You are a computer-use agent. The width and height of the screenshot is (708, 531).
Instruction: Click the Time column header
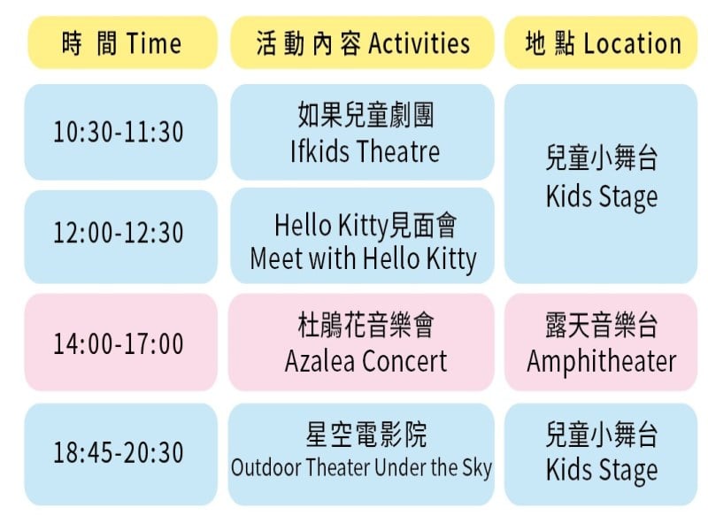pyautogui.click(x=122, y=42)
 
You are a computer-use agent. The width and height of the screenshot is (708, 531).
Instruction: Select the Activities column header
pyautogui.click(x=362, y=42)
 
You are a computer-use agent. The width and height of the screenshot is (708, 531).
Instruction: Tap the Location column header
pyautogui.click(x=601, y=42)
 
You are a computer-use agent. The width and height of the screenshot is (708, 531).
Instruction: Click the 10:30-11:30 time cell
pyautogui.click(x=120, y=132)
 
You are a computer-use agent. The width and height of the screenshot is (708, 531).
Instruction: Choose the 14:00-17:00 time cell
pyautogui.click(x=120, y=342)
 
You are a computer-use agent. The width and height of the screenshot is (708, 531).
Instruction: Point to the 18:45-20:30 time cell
pyautogui.click(x=120, y=453)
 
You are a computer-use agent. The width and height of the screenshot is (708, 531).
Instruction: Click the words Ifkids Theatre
pyautogui.click(x=365, y=150)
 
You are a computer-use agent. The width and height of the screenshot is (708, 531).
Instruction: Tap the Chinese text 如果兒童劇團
pyautogui.click(x=366, y=115)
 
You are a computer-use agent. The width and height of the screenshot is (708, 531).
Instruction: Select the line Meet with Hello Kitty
pyautogui.click(x=363, y=259)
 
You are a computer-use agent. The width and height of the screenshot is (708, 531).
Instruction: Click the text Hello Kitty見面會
pyautogui.click(x=366, y=225)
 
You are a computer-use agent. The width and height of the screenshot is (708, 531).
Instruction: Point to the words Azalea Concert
pyautogui.click(x=366, y=361)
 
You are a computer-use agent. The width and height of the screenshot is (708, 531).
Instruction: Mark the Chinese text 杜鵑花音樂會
pyautogui.click(x=366, y=325)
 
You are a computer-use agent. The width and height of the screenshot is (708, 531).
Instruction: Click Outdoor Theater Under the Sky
pyautogui.click(x=361, y=467)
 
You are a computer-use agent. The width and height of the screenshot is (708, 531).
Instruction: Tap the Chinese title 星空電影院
pyautogui.click(x=366, y=435)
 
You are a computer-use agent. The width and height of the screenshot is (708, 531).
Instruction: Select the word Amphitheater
pyautogui.click(x=602, y=361)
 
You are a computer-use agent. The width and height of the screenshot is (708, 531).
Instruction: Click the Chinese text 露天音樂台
pyautogui.click(x=602, y=325)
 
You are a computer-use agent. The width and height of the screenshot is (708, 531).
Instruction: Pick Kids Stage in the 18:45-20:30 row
pyautogui.click(x=602, y=470)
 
